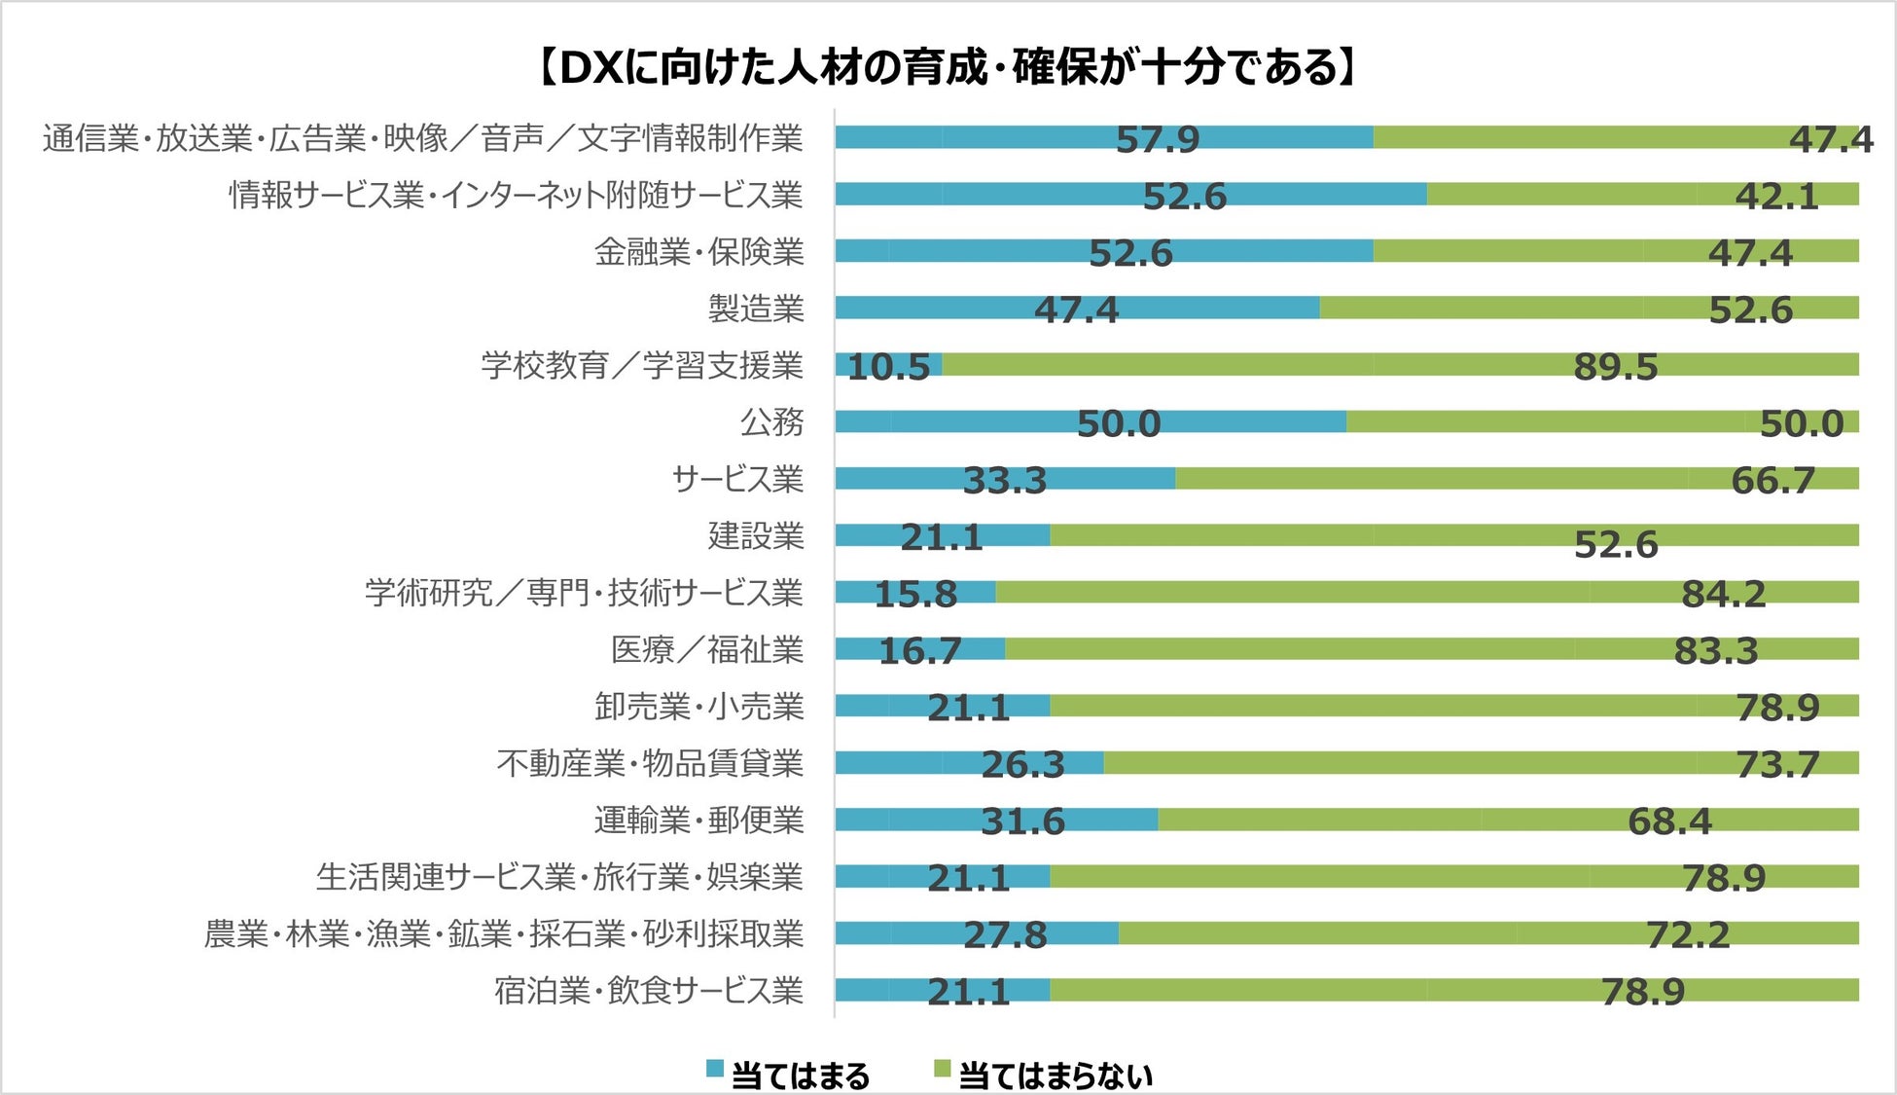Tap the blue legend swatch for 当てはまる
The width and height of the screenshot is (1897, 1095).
tap(715, 1069)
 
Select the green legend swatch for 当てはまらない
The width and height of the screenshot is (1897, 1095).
tap(942, 1069)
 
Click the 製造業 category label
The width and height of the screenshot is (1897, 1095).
tap(756, 310)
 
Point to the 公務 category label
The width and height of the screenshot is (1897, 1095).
tap(772, 422)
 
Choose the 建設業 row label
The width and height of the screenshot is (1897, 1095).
tap(756, 536)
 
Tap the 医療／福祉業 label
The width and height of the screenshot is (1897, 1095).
tap(707, 649)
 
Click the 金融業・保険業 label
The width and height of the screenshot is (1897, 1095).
tap(699, 253)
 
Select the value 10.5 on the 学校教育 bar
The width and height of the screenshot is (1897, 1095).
tap(888, 367)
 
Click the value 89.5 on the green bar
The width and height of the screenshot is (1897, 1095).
tap(1615, 367)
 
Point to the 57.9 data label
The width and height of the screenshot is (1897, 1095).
tap(1158, 140)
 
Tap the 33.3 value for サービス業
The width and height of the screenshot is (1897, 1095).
tap(1005, 481)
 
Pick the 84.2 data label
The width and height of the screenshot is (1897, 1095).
tap(1723, 594)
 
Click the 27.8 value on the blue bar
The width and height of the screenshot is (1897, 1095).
tap(1005, 935)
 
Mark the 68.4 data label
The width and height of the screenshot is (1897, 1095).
tap(1669, 821)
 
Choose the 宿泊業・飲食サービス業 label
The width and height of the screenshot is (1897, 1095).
tap(649, 991)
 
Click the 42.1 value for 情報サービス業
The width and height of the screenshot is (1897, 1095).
tap(1776, 197)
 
